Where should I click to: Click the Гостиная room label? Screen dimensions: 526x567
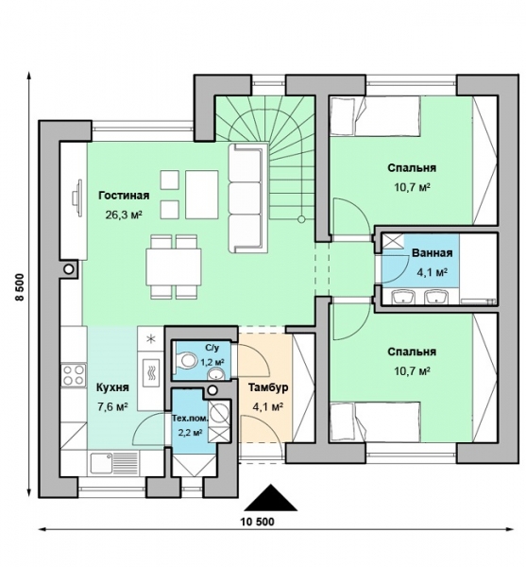point(124,196)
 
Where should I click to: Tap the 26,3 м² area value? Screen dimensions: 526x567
point(124,215)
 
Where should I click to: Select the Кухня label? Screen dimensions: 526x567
point(112,387)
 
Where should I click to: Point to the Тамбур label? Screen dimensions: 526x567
point(268,387)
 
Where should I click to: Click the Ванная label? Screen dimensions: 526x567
point(433,252)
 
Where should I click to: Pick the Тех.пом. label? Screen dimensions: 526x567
point(190,420)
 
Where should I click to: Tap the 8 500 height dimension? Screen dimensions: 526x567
point(20,286)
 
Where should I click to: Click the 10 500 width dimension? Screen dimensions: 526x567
point(258,522)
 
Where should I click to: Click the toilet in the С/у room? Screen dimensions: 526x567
point(185,360)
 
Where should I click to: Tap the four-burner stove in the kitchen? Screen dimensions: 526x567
point(74,375)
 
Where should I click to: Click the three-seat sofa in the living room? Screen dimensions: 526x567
point(247,198)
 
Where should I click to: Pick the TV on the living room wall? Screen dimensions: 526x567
point(76,198)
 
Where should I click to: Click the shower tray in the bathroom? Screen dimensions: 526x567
point(394,241)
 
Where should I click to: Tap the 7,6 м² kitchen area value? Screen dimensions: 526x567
point(112,407)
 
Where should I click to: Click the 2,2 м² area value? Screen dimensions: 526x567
point(190,432)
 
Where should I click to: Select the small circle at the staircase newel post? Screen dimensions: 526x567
point(301,219)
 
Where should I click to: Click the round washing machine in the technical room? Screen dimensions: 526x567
point(219,412)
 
